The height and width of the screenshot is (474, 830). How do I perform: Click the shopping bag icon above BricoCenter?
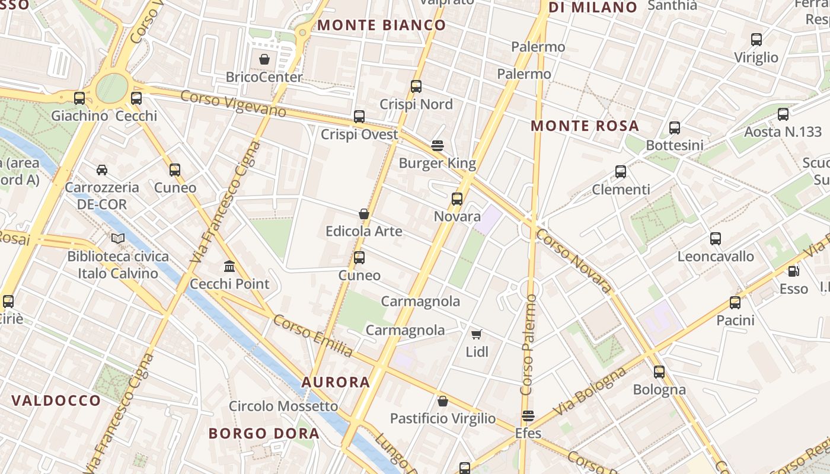[264, 59]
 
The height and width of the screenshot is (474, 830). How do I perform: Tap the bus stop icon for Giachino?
[79, 98]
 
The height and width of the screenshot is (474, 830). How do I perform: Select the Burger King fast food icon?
[438, 145]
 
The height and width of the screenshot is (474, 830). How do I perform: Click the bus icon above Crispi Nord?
[416, 87]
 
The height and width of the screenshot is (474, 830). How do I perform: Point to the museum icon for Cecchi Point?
[229, 266]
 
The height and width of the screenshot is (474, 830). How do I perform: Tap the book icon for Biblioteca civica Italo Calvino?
[118, 238]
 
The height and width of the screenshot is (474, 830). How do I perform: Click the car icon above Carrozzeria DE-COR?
[102, 170]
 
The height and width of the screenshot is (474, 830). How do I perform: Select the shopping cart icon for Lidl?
[476, 334]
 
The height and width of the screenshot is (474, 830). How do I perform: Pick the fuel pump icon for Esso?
[793, 271]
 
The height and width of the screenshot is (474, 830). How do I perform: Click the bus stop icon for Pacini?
[735, 303]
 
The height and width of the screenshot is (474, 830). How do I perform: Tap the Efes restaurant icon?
[528, 416]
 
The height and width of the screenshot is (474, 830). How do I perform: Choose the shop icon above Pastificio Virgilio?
[442, 401]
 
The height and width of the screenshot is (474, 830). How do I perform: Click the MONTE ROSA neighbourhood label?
[585, 126]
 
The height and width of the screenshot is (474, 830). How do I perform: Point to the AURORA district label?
[336, 382]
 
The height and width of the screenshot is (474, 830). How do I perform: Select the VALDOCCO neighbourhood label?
[56, 401]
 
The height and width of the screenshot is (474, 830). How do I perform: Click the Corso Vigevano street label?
[233, 104]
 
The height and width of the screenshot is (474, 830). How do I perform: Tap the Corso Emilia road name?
[313, 335]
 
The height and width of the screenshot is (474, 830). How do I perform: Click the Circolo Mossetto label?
[283, 406]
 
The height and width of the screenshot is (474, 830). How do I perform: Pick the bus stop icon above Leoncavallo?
[716, 239]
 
